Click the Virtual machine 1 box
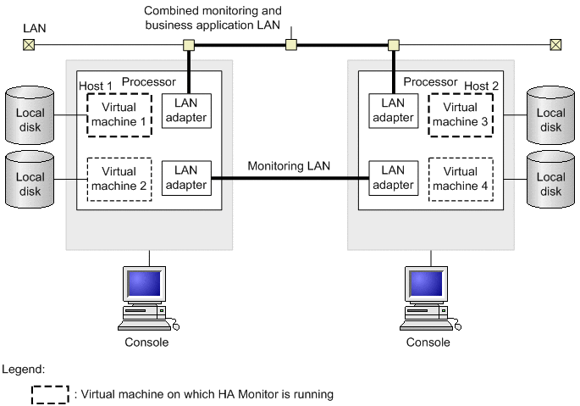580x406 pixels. [x=119, y=114]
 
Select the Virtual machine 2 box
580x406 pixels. [x=119, y=179]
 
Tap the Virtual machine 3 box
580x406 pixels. [x=460, y=114]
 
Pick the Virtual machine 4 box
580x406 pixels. [x=460, y=179]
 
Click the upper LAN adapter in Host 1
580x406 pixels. [x=186, y=110]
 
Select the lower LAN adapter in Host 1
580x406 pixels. [x=186, y=178]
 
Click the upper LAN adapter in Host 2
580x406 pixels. [x=394, y=110]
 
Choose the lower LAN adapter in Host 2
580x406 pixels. [x=394, y=178]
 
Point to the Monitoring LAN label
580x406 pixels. [x=289, y=167]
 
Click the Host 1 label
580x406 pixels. [x=96, y=86]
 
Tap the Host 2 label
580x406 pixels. [x=482, y=86]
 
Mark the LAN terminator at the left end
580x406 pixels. [x=29, y=44]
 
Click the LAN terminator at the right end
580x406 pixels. [x=555, y=44]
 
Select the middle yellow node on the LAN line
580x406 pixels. [x=290, y=44]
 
